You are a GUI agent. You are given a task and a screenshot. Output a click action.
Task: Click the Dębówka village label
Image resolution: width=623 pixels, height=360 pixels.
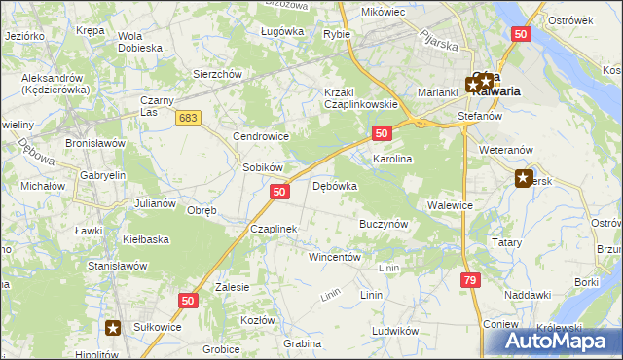[335, 185]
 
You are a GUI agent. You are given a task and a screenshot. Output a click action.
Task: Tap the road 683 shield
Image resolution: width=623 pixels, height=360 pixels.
[190, 117]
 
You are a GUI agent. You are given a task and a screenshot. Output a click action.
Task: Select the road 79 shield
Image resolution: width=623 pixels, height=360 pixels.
[470, 280]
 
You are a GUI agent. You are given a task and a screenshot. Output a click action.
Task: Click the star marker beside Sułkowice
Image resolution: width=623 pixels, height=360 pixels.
[114, 329]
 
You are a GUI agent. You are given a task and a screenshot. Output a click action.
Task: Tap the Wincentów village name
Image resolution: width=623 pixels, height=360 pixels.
[335, 257]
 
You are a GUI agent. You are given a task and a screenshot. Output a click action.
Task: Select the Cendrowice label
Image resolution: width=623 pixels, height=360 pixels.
[260, 136]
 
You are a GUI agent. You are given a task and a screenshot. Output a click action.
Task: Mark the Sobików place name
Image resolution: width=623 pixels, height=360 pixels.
[262, 167]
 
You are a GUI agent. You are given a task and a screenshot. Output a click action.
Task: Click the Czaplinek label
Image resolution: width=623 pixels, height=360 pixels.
[273, 229]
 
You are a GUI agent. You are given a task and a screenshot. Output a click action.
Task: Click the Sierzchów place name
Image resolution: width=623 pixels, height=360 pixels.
[217, 74]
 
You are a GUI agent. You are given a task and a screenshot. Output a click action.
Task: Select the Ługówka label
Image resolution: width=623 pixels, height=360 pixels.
[282, 31]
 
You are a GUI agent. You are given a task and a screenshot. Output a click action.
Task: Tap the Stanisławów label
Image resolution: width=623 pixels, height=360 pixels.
[117, 265]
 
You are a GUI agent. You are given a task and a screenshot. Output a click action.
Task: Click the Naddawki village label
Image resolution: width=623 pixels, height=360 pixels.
[528, 294]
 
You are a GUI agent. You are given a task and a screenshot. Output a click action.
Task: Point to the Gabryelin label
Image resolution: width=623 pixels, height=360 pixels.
[103, 175]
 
